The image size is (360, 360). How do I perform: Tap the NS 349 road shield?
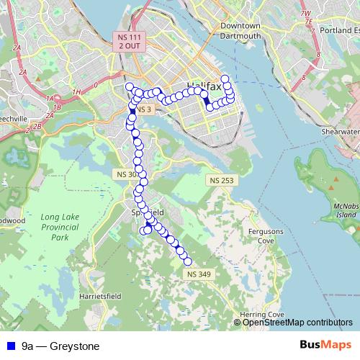pyautogui.click(x=198, y=274)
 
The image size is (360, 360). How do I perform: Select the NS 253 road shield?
pyautogui.click(x=222, y=179)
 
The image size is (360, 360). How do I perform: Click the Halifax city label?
pyautogui.click(x=204, y=86)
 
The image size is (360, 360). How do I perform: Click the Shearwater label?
pyautogui.click(x=339, y=132)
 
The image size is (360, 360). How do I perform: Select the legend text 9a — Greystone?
pyautogui.click(x=60, y=346)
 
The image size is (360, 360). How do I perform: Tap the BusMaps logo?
pyautogui.click(x=320, y=346)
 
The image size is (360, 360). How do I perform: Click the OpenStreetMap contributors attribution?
pyautogui.click(x=297, y=322)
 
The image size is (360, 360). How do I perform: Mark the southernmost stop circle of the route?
pyautogui.click(x=187, y=261)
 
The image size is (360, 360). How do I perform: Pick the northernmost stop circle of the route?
pyautogui.click(x=225, y=78)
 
